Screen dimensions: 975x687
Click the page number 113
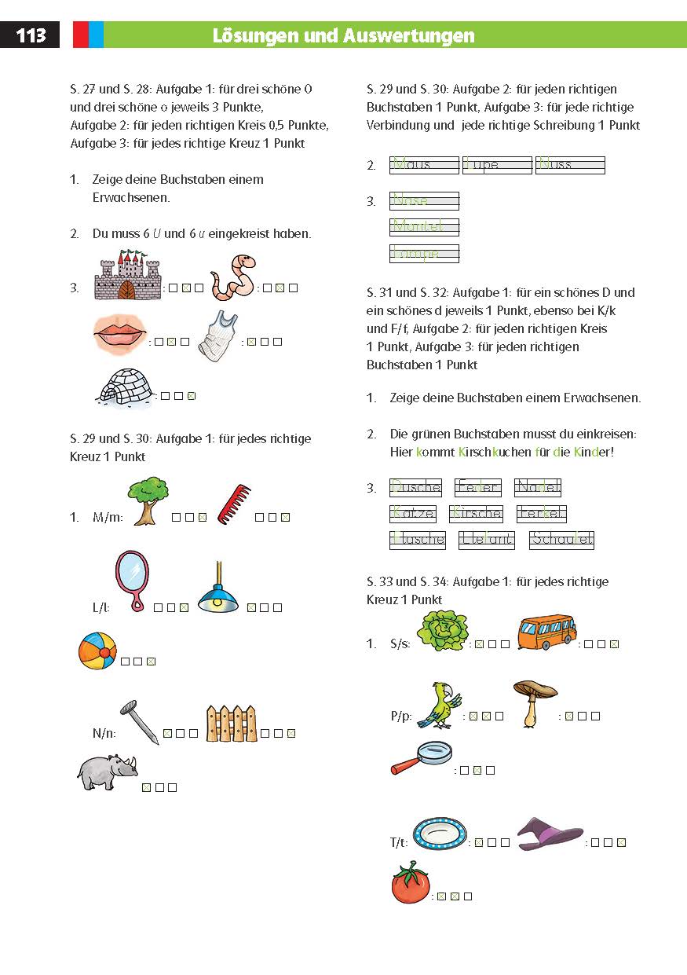[x=31, y=35]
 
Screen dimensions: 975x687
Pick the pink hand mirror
[x=132, y=581]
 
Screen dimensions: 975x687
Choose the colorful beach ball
[x=97, y=651]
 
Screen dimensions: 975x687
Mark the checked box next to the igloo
[x=191, y=396]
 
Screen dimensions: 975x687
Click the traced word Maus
[x=423, y=165]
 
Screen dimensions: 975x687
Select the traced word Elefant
[x=487, y=540]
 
